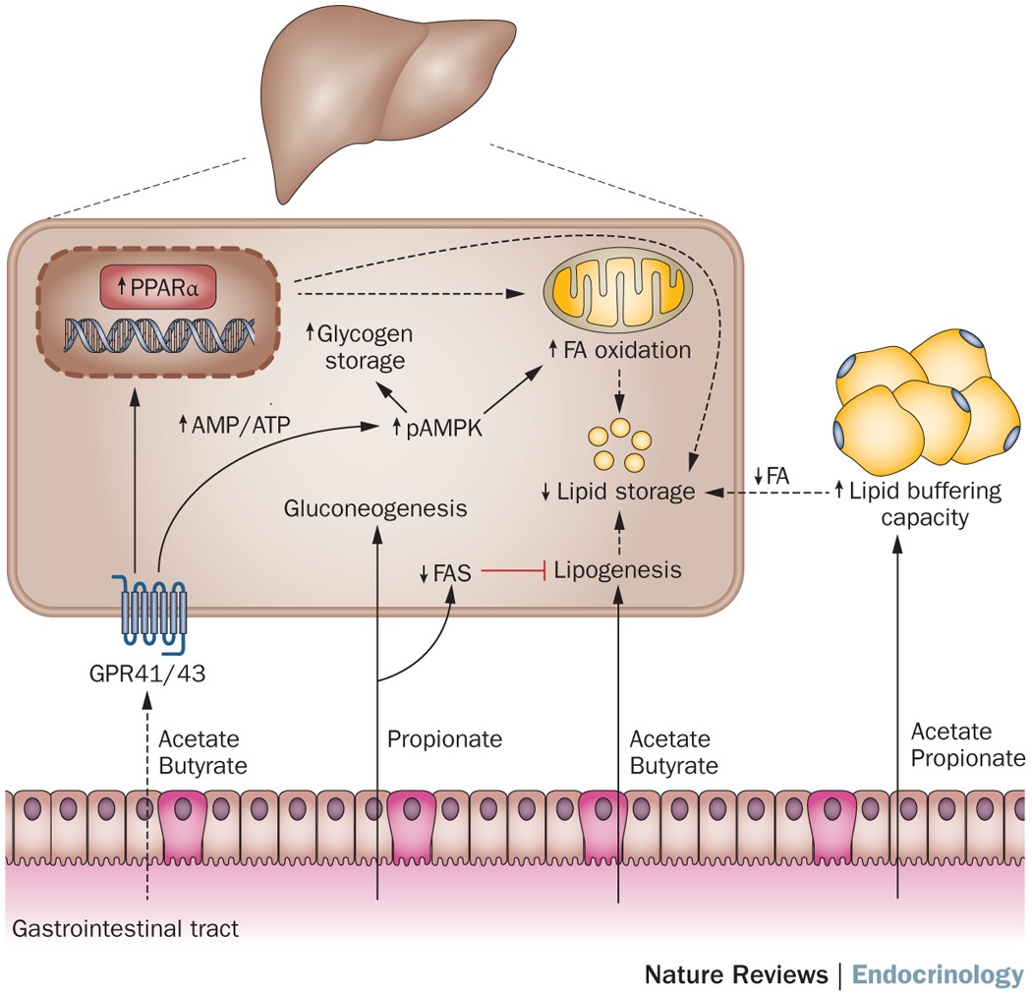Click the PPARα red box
click(158, 287)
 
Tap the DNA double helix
click(158, 333)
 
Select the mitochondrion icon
click(617, 290)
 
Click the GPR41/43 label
click(147, 674)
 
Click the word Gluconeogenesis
click(375, 508)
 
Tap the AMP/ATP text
click(234, 425)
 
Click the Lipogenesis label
click(617, 570)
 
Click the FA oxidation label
click(620, 350)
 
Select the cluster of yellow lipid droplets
click(619, 444)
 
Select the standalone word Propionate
click(444, 738)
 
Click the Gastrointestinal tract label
click(125, 928)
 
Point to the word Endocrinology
click(938, 974)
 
